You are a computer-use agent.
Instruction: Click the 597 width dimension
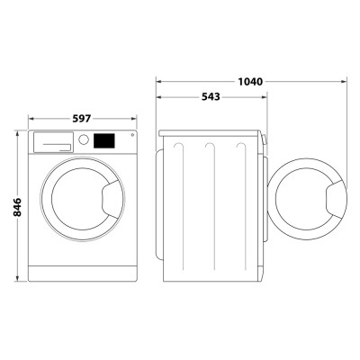click(x=82, y=119)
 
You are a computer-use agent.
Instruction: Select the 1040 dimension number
click(x=250, y=82)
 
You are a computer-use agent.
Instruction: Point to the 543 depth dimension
click(x=212, y=96)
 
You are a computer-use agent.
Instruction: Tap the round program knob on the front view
click(x=84, y=140)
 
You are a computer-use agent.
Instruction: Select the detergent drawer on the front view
click(x=53, y=141)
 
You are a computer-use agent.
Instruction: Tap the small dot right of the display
click(x=132, y=136)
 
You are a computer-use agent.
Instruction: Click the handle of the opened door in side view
click(x=335, y=197)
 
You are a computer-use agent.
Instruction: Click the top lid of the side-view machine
click(x=212, y=133)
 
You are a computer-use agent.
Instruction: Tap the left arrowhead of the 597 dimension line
click(x=31, y=119)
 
